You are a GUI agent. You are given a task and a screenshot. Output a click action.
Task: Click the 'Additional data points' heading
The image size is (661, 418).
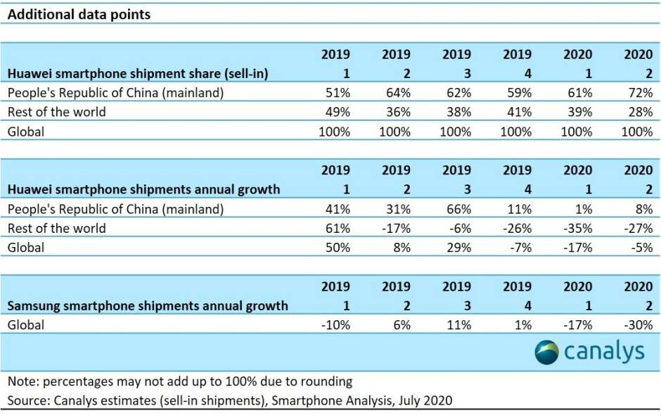(x=79, y=14)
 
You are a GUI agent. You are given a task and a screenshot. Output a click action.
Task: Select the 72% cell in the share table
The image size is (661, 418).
(x=636, y=92)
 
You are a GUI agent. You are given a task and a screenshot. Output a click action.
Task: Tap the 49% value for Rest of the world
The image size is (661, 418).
(x=336, y=112)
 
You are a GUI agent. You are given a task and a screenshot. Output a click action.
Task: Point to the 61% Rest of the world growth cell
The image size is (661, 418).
(x=336, y=228)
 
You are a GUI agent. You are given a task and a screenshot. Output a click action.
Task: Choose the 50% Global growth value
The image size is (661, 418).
(x=336, y=247)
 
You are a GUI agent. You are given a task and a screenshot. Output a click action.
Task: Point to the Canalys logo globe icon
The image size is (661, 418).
(x=546, y=352)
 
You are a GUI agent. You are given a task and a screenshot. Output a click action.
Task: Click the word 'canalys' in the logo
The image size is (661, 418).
(x=604, y=352)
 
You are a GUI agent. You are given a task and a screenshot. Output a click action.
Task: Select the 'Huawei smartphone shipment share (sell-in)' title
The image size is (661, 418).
(x=138, y=72)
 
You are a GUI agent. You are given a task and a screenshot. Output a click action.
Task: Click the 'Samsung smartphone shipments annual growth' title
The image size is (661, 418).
(x=148, y=306)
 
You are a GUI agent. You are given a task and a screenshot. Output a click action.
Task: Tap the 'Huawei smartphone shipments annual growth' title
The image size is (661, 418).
(x=143, y=189)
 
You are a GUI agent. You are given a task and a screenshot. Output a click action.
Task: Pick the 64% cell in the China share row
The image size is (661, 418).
(x=396, y=92)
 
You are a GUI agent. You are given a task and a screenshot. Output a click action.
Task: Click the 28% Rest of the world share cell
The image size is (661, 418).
(x=636, y=112)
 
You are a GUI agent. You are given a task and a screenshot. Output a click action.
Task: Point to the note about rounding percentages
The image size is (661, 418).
(x=179, y=382)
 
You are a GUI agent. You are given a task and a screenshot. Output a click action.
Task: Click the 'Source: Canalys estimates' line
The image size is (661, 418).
(x=230, y=400)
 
